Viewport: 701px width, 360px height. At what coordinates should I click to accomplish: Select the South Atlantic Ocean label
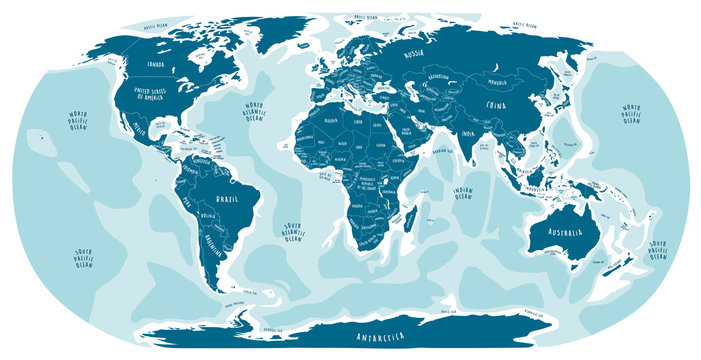click(x=292, y=231)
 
